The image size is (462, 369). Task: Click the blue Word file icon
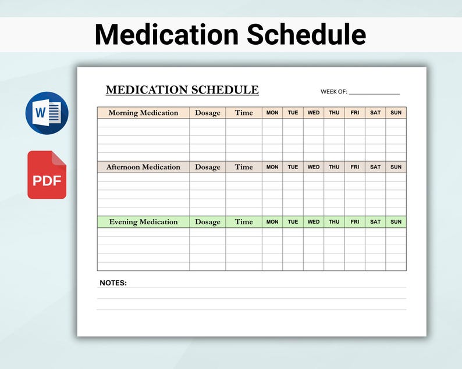[47, 113]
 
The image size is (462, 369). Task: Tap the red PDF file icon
[47, 175]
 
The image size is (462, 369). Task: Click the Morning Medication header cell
[143, 113]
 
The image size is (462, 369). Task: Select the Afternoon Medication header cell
[143, 167]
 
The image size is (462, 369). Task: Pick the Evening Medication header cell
[143, 222]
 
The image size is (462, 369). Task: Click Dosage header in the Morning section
[208, 113]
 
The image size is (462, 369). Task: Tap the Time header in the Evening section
[244, 222]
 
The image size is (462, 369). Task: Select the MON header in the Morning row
[272, 113]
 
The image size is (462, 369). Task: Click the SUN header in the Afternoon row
[396, 167]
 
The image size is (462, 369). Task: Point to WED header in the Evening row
[314, 222]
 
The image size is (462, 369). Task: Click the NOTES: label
[113, 283]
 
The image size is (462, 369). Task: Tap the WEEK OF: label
[333, 91]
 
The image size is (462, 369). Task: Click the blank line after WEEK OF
[374, 92]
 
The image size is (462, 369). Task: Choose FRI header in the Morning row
[355, 113]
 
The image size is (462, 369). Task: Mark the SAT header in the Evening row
[375, 222]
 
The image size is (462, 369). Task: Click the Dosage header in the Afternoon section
[208, 167]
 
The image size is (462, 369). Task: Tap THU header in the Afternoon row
[334, 167]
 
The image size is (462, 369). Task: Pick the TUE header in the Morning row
[293, 113]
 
